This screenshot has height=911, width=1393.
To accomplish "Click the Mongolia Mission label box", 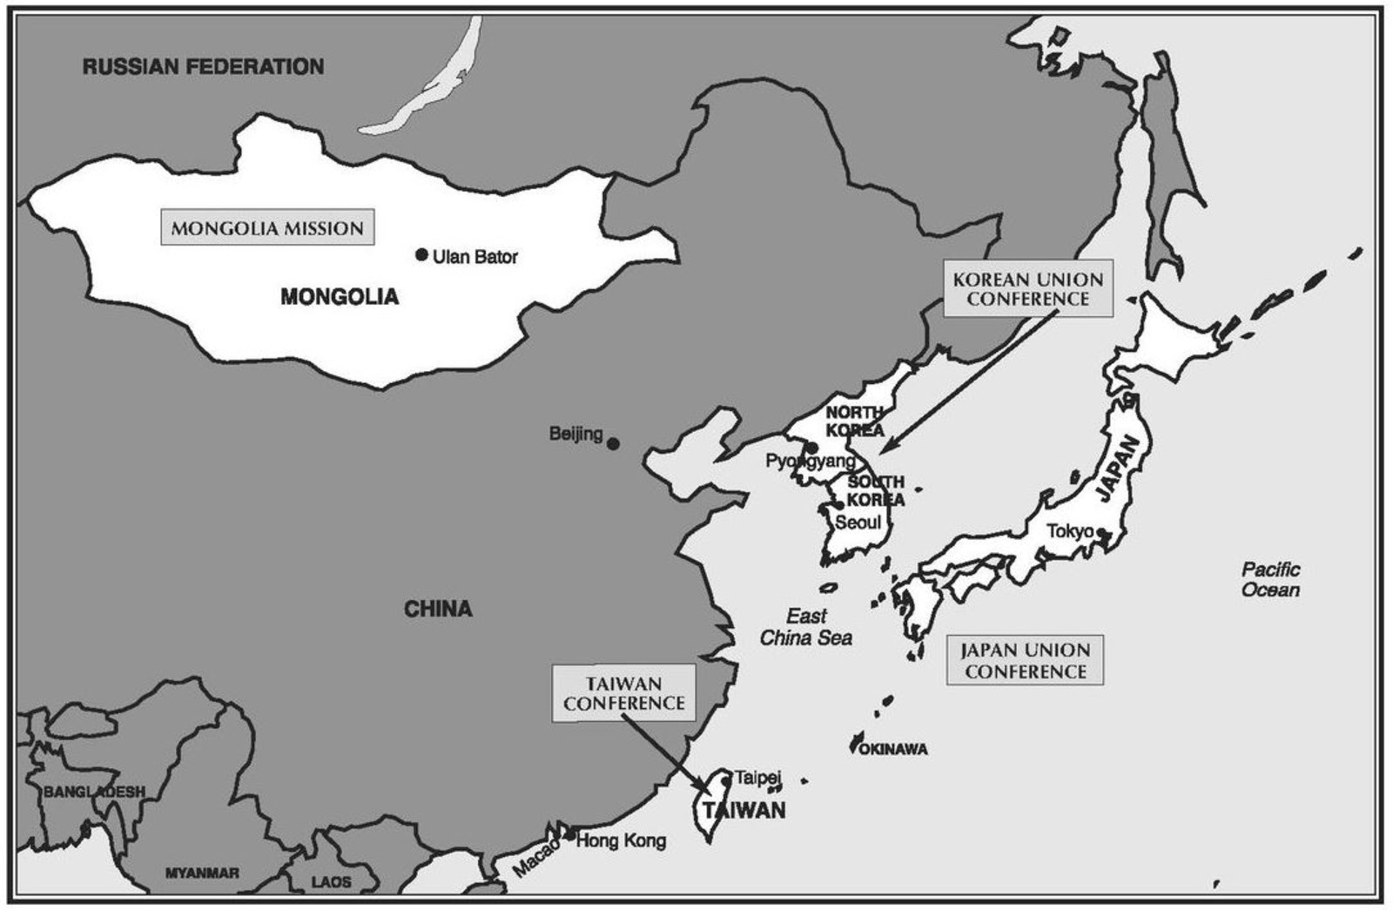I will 267,228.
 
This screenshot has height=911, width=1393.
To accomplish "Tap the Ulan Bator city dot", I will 421,254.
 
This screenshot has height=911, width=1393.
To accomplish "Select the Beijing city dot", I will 613,443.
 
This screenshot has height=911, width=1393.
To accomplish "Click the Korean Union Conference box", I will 1027,289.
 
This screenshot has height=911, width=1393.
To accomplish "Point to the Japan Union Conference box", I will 1025,660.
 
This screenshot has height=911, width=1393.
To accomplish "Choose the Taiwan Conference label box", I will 623,693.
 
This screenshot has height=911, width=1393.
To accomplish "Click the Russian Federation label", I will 203,66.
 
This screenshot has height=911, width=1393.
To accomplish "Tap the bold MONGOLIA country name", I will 340,297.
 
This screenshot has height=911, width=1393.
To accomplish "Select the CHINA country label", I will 438,609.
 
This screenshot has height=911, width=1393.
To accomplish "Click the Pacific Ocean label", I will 1270,580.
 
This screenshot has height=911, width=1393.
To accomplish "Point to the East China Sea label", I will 805,627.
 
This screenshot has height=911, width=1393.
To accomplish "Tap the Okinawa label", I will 893,749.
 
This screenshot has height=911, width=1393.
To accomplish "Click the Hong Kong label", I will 621,840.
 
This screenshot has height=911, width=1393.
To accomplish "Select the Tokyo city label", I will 1070,530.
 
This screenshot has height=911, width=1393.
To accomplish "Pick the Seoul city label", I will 858,523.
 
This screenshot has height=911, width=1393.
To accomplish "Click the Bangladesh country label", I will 94,792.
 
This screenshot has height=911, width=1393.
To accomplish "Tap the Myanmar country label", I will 202,873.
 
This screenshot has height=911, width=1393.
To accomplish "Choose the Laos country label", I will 331,882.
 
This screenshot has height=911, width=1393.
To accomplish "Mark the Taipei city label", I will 757,777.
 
